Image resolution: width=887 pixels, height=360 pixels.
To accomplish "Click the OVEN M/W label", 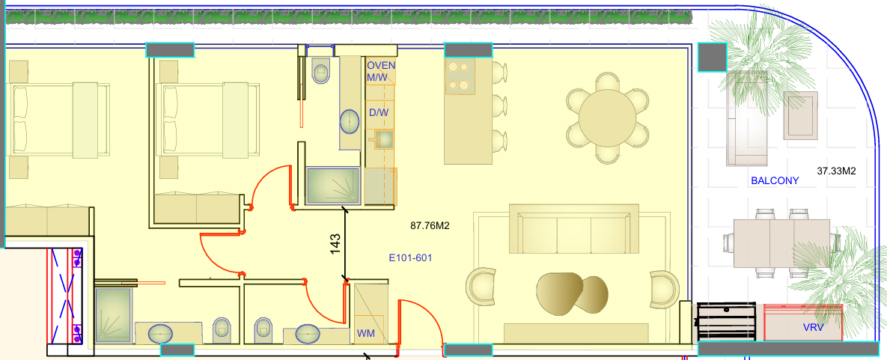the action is click(381, 72).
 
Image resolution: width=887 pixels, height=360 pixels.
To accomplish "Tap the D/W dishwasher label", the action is click(379, 112).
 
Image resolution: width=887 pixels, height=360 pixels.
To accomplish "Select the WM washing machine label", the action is click(365, 333).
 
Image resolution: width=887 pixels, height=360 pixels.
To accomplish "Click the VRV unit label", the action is click(813, 327).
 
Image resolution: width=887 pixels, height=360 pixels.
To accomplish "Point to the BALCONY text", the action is click(775, 181).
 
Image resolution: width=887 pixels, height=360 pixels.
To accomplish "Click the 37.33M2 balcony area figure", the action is click(837, 170).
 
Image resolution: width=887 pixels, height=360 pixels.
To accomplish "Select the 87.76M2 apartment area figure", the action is click(430, 226).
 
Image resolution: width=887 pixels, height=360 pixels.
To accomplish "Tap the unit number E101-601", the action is click(411, 258).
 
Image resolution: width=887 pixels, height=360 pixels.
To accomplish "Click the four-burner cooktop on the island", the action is click(460, 77).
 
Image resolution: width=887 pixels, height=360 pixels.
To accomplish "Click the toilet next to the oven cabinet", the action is click(321, 70).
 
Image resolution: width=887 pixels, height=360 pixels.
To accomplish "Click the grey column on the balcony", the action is click(712, 57).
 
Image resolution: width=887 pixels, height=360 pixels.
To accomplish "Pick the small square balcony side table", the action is click(800, 116).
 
